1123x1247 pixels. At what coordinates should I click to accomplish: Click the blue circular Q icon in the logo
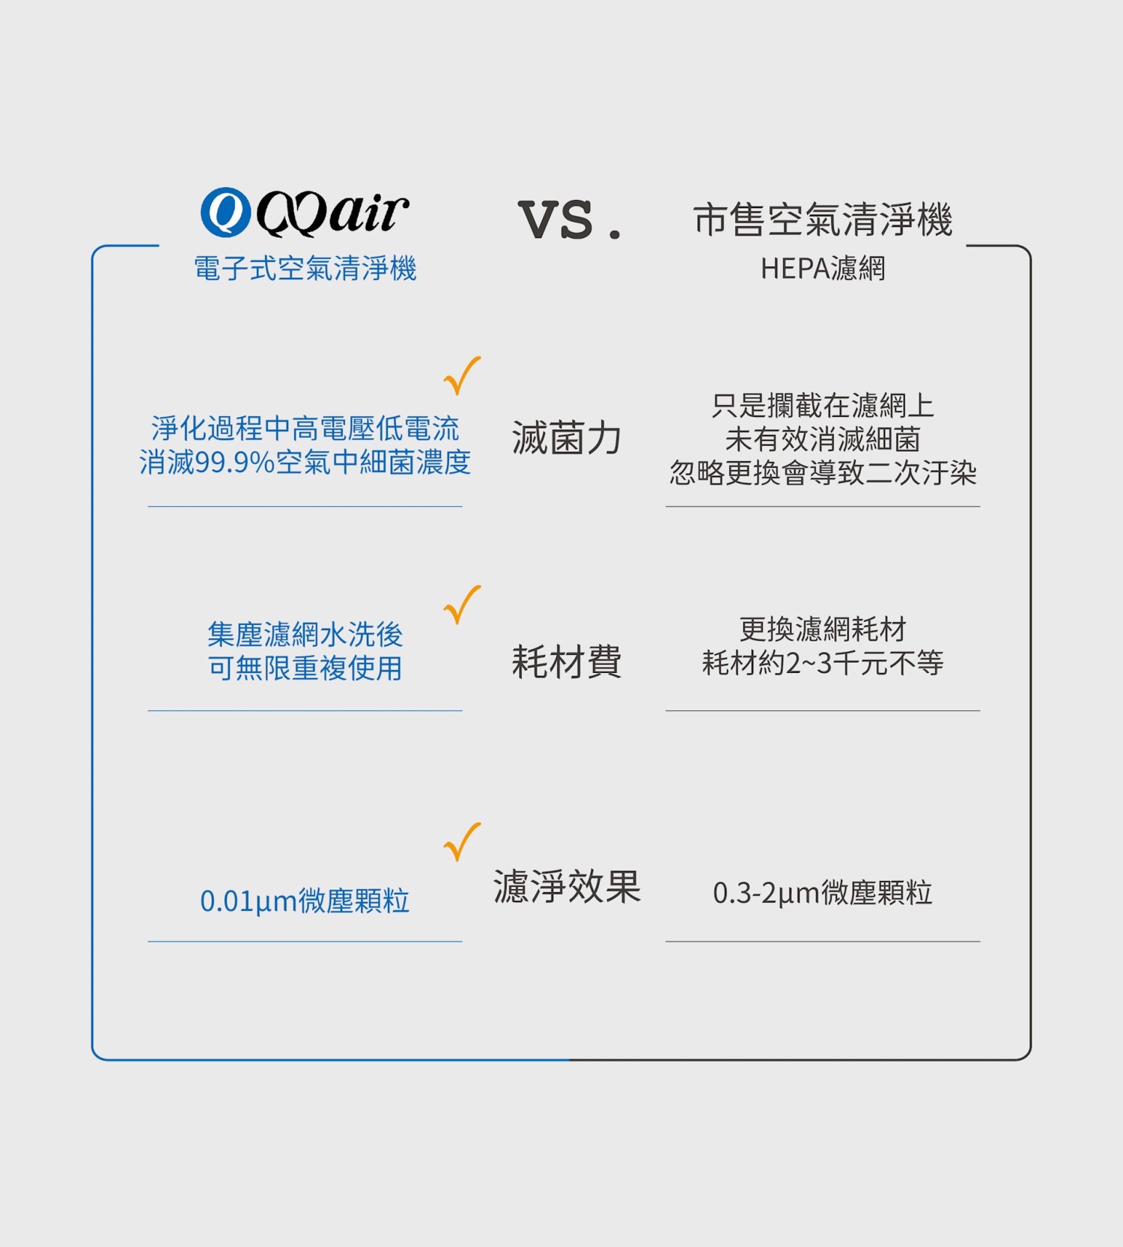click(225, 212)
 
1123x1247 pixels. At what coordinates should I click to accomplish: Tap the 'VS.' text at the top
click(570, 220)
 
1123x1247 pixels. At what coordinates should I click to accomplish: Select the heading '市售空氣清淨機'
click(823, 220)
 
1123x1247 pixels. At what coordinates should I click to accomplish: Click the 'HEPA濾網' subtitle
click(823, 268)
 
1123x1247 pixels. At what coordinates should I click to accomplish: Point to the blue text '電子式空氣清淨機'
click(305, 268)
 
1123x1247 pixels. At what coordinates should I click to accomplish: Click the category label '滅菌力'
click(567, 438)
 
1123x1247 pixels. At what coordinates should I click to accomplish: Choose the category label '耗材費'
click(567, 662)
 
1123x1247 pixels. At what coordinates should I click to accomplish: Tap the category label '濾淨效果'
click(567, 886)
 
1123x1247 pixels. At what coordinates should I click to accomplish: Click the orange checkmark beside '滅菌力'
click(462, 376)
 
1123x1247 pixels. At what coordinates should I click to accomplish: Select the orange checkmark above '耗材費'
click(462, 605)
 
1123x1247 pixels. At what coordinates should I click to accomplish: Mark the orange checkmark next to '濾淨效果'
click(462, 842)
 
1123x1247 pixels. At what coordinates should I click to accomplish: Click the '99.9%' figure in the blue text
click(235, 463)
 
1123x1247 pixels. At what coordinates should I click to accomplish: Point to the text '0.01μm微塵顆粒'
click(305, 900)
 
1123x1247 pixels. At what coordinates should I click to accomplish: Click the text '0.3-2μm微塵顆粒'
click(823, 892)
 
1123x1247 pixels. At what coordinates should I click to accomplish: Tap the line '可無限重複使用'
click(305, 668)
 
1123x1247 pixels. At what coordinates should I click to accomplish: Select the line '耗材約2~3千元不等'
click(823, 662)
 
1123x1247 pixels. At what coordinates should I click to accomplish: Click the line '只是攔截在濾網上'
click(823, 406)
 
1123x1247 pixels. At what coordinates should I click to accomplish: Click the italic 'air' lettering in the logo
click(368, 212)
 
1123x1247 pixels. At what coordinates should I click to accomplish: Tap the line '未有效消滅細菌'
click(823, 439)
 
